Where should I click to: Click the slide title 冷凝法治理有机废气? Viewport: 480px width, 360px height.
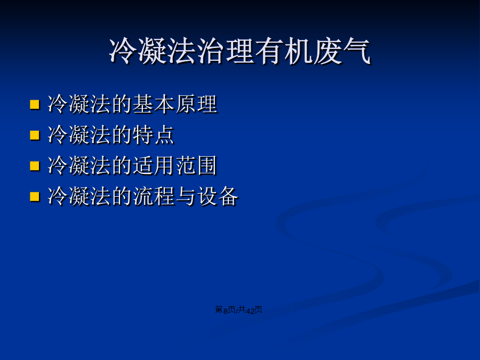[x=239, y=51]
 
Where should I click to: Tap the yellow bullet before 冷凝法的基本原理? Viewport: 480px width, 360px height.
[x=35, y=105]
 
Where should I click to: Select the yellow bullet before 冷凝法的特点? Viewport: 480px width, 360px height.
[x=35, y=135]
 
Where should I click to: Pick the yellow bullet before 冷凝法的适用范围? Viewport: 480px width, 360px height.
[x=35, y=166]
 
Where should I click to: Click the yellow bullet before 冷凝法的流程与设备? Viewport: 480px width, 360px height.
[x=35, y=196]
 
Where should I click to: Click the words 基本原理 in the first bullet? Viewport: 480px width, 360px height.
[x=174, y=104]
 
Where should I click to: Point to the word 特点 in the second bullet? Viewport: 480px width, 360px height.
[x=153, y=135]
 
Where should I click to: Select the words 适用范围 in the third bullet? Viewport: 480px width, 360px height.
[x=174, y=166]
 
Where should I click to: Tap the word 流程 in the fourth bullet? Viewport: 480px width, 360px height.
[x=154, y=196]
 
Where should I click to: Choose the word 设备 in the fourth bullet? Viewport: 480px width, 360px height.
[x=218, y=196]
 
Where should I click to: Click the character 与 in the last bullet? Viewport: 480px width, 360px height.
[x=186, y=196]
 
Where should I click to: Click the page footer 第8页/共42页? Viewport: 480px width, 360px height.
[x=238, y=310]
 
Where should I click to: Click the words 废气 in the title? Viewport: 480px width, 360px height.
[x=342, y=51]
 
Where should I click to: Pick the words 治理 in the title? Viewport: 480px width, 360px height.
[x=225, y=51]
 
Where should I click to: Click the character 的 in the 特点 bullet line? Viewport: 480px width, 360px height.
[x=122, y=135]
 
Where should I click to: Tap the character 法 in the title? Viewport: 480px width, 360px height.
[x=181, y=51]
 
